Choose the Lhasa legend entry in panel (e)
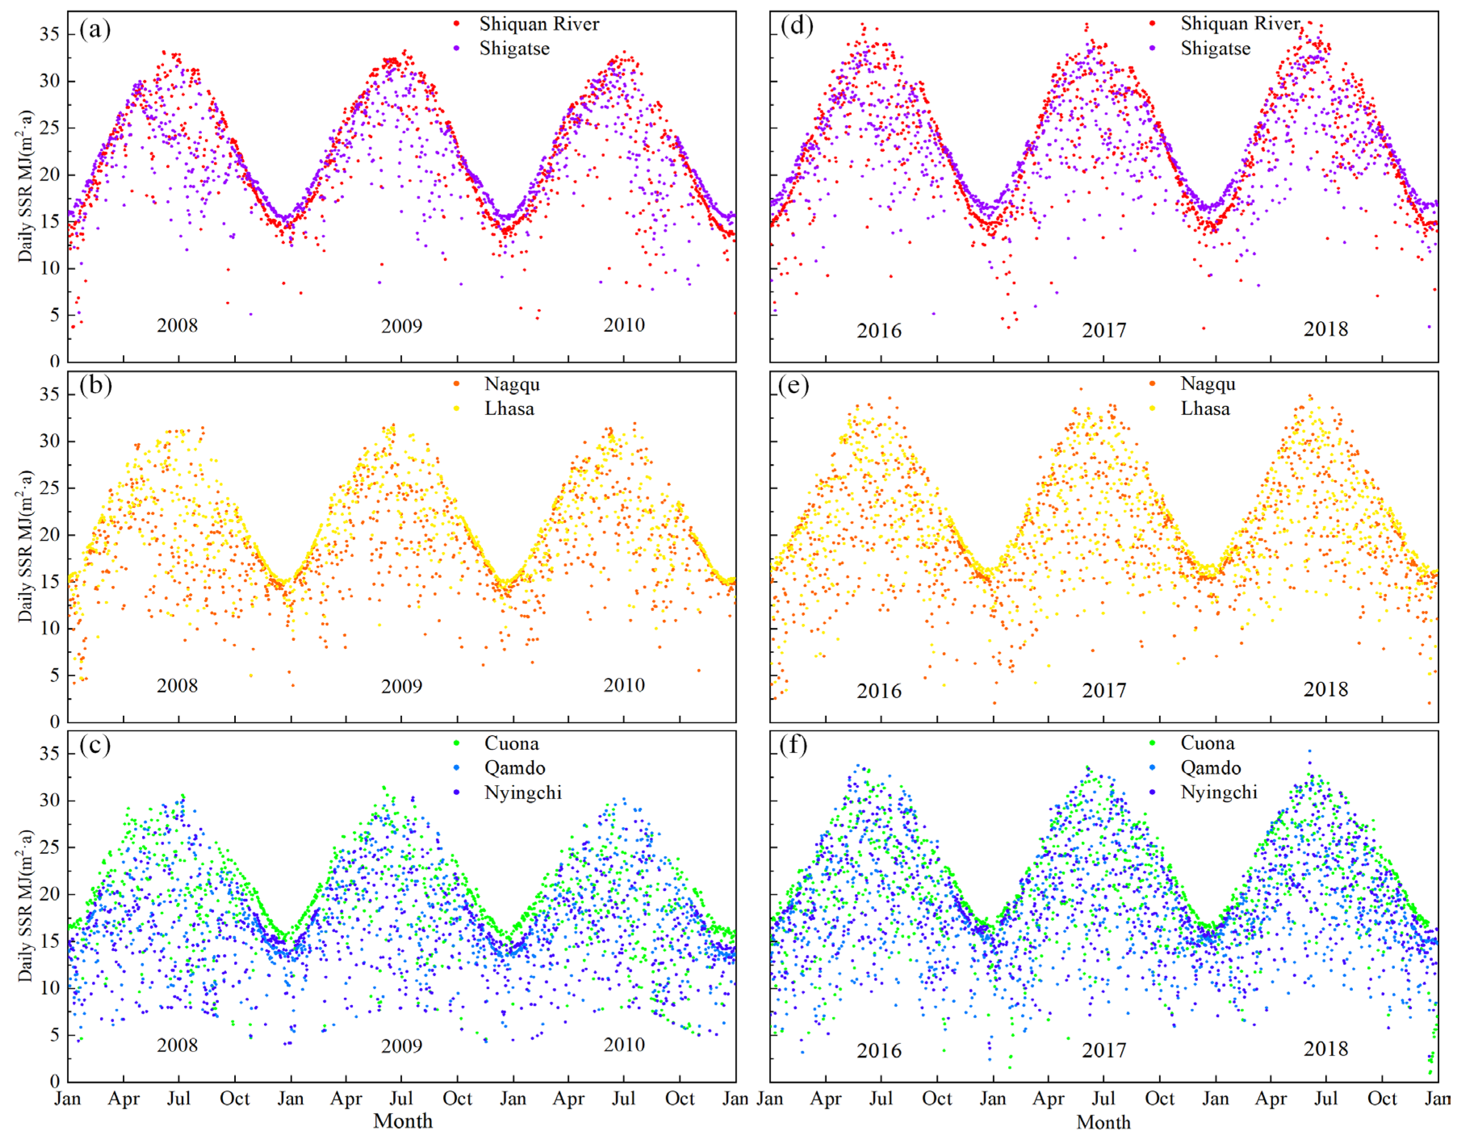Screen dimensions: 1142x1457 click(x=1204, y=408)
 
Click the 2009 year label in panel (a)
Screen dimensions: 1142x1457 click(x=401, y=326)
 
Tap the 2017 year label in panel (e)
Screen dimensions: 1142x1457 click(x=1104, y=691)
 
